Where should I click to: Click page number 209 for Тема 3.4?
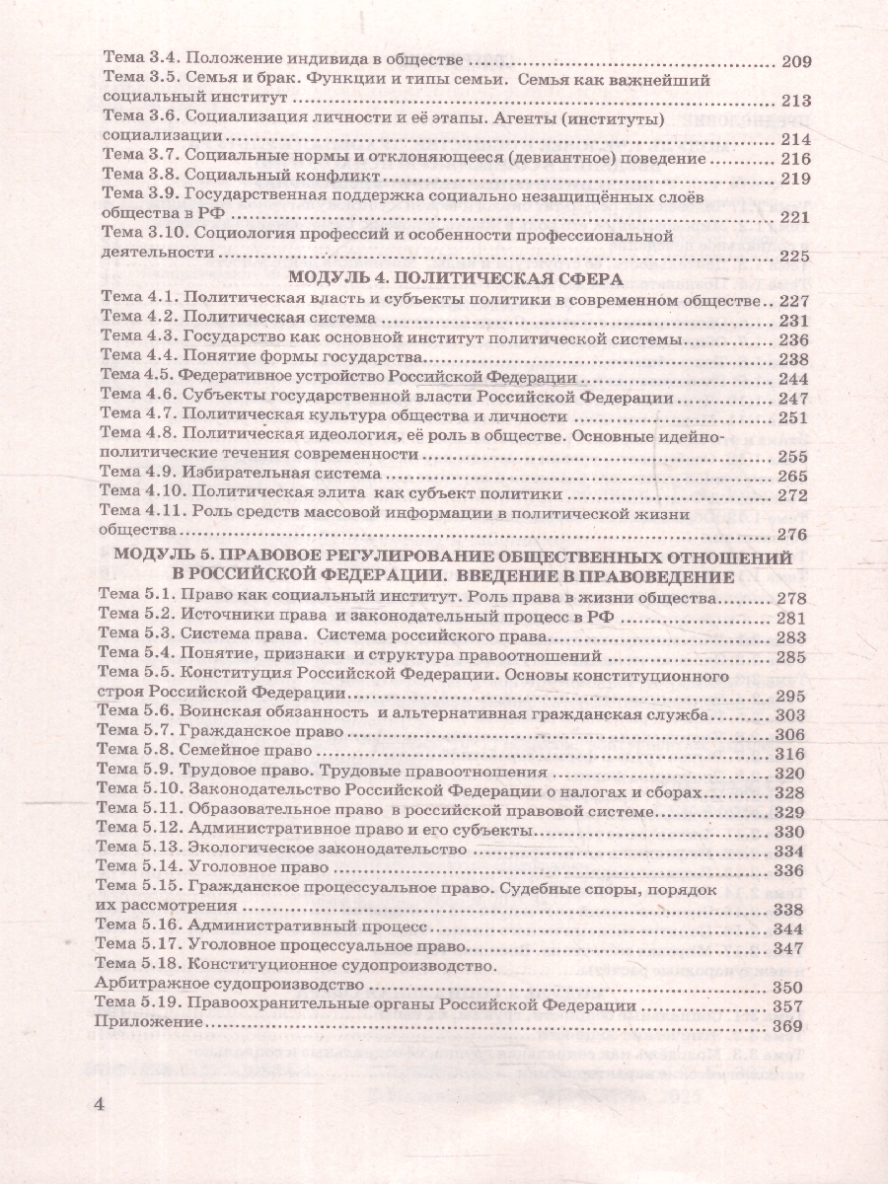(794, 61)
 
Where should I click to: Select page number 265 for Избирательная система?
(794, 474)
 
